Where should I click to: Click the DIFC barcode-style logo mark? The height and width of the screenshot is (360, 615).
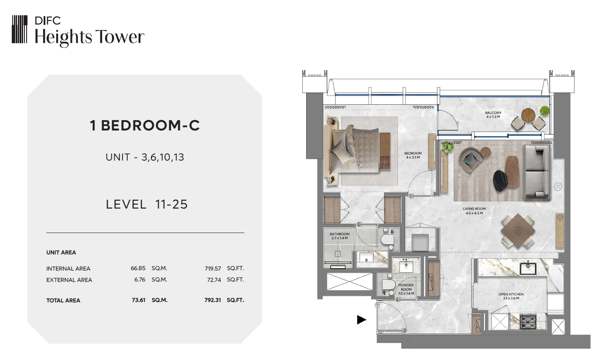pos(20,29)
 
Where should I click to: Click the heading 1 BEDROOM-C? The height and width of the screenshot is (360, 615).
pos(145,126)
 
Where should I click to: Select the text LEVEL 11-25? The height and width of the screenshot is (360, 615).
pos(147,205)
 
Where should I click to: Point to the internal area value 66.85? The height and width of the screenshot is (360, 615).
pos(138,268)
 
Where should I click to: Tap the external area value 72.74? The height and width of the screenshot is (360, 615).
pos(214,280)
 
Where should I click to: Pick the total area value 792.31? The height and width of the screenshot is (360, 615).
pos(212,300)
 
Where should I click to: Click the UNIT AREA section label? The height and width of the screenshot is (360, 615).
pos(61,253)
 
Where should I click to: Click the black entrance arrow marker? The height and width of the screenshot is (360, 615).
pos(362,319)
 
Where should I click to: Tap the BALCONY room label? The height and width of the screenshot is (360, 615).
pos(493,113)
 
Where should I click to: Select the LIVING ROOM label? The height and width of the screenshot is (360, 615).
pos(474,209)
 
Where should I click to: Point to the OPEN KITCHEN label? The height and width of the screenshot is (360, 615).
pos(511,294)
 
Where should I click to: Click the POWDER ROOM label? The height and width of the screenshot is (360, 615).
pos(406,287)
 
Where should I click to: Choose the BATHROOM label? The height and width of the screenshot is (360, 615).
pos(340,234)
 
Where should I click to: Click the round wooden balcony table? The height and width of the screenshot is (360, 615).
pos(528,115)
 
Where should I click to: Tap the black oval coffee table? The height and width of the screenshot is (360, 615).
pos(501,180)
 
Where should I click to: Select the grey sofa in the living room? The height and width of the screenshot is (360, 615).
pos(537,172)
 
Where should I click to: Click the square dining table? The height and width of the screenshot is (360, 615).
pos(518,231)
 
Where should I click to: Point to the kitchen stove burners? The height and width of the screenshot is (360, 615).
pos(528,322)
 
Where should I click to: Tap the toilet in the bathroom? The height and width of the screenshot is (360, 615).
pos(387,239)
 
